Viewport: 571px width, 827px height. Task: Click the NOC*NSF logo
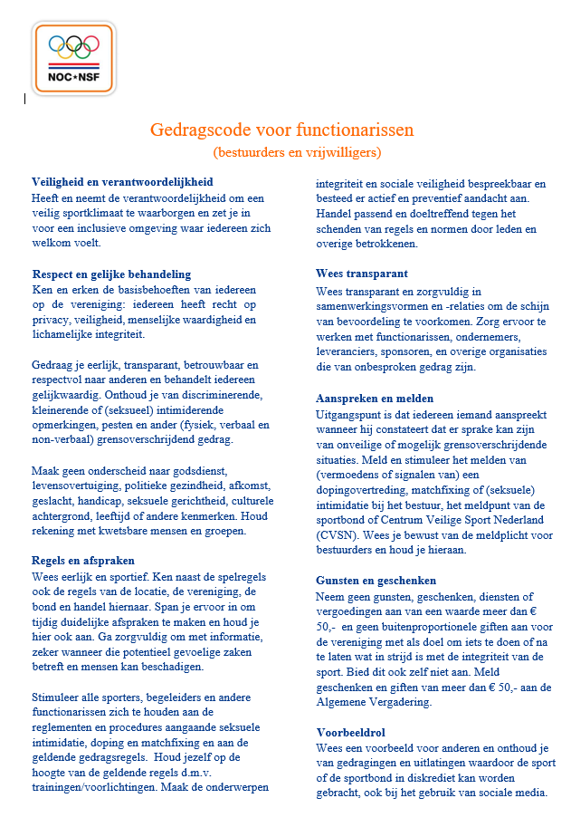coord(73,59)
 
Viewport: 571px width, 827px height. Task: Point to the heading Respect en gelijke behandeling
coord(111,274)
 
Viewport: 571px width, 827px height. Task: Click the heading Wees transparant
coord(361,274)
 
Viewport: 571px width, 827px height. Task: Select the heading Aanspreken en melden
coord(375,398)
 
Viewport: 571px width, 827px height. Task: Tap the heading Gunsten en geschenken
coord(376,580)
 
